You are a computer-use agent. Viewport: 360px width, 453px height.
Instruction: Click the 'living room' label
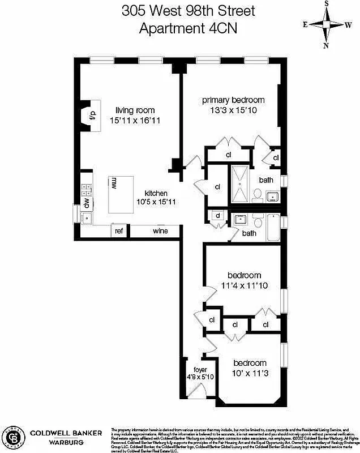click(x=135, y=110)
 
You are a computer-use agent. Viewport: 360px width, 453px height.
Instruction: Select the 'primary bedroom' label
click(x=233, y=100)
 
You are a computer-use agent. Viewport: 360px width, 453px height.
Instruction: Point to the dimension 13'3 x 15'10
click(x=233, y=110)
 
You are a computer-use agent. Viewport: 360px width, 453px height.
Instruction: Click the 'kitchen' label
click(x=156, y=193)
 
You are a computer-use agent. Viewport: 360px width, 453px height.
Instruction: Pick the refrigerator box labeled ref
click(x=119, y=231)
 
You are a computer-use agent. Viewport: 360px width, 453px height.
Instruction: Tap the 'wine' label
click(x=160, y=231)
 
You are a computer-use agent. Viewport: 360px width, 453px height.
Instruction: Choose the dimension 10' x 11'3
click(x=250, y=373)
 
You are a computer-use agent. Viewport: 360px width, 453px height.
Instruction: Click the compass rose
click(x=325, y=24)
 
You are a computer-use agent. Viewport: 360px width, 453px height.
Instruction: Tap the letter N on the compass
click(x=326, y=46)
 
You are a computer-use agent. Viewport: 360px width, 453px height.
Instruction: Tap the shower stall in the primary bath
click(x=239, y=184)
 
